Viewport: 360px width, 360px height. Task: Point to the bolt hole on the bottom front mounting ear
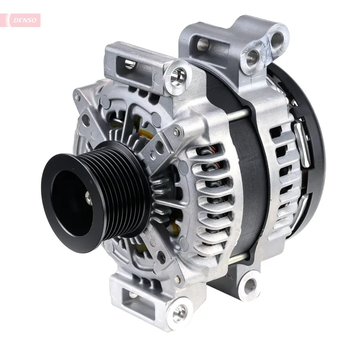180,312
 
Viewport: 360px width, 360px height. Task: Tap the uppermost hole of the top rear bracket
277,40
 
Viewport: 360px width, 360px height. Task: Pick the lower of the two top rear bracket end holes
252,58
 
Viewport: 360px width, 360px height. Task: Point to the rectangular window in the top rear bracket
203,45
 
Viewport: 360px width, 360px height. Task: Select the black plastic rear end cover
315,135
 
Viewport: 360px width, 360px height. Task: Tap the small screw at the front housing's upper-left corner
78,97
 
